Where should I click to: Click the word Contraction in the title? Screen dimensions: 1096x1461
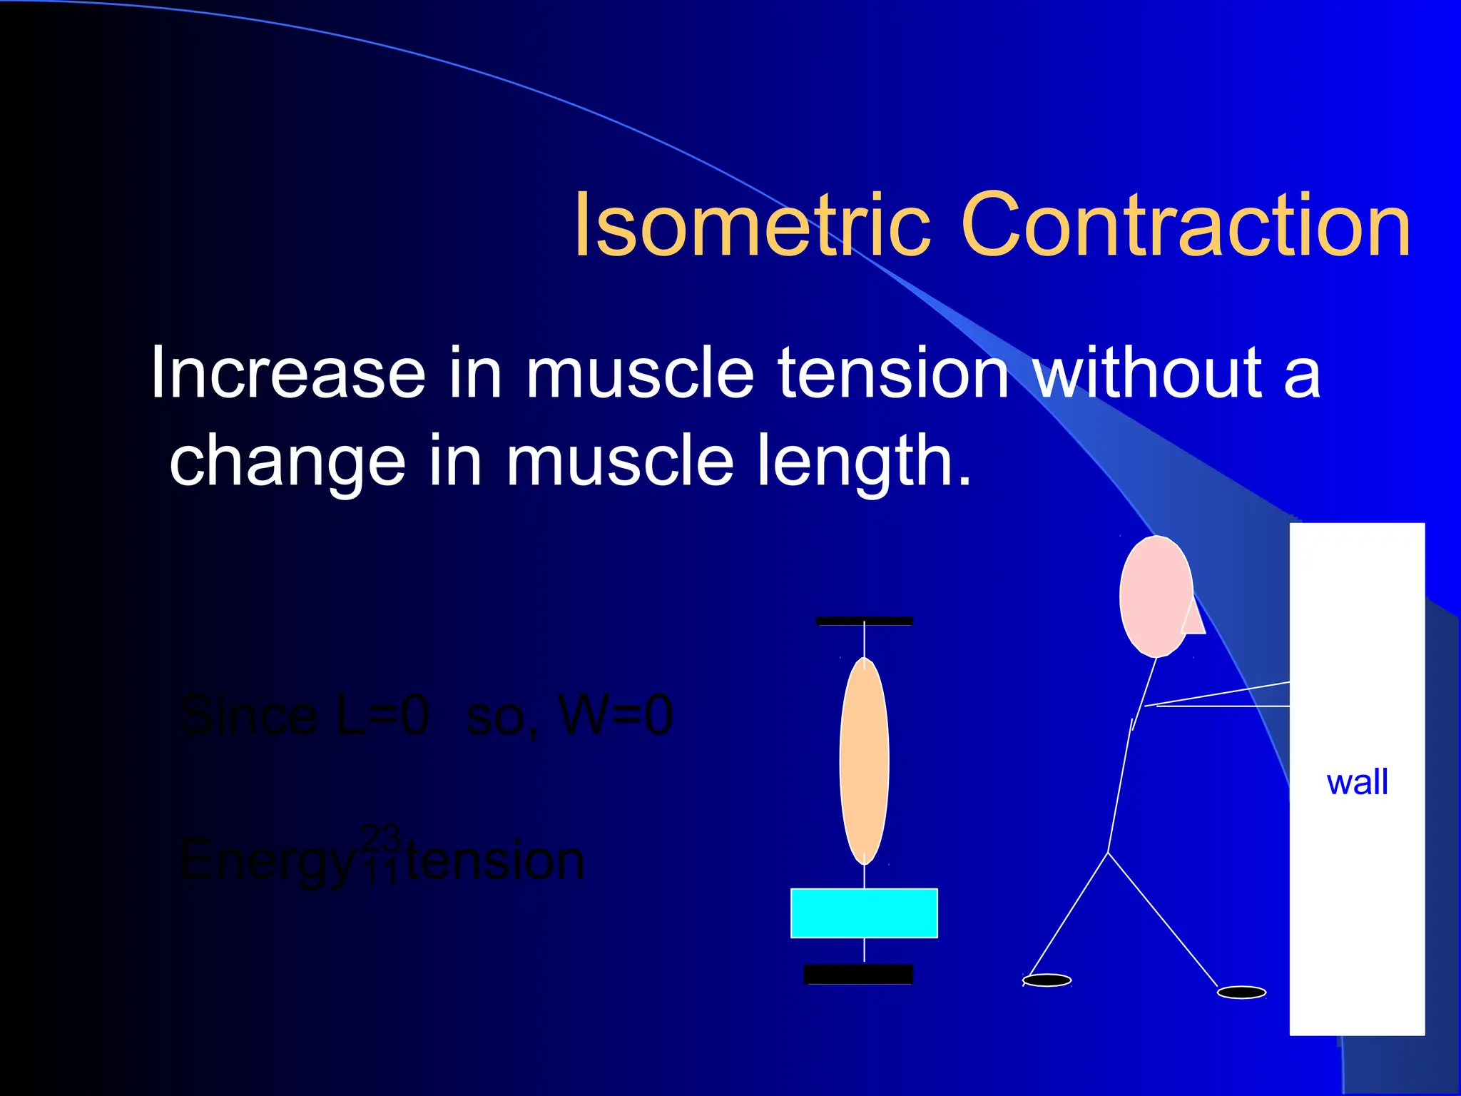pyautogui.click(x=1186, y=225)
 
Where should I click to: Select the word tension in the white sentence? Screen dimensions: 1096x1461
pyautogui.click(x=892, y=372)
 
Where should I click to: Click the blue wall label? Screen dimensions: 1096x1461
pyautogui.click(x=1357, y=782)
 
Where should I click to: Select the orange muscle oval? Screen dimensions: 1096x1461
pyautogui.click(x=864, y=761)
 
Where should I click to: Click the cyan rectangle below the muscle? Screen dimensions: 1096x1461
pyautogui.click(x=864, y=913)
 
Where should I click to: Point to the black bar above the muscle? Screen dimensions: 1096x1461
pyautogui.click(x=864, y=621)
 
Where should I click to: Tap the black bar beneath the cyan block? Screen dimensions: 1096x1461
pyautogui.click(x=858, y=974)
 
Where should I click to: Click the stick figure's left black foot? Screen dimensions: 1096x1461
pyautogui.click(x=1047, y=980)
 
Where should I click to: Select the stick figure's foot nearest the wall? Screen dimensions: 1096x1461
pyautogui.click(x=1241, y=993)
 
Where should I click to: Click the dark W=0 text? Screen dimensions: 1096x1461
pyautogui.click(x=616, y=716)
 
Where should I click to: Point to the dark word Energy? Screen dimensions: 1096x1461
pyautogui.click(x=266, y=861)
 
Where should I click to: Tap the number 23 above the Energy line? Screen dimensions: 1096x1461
pyautogui.click(x=380, y=836)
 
